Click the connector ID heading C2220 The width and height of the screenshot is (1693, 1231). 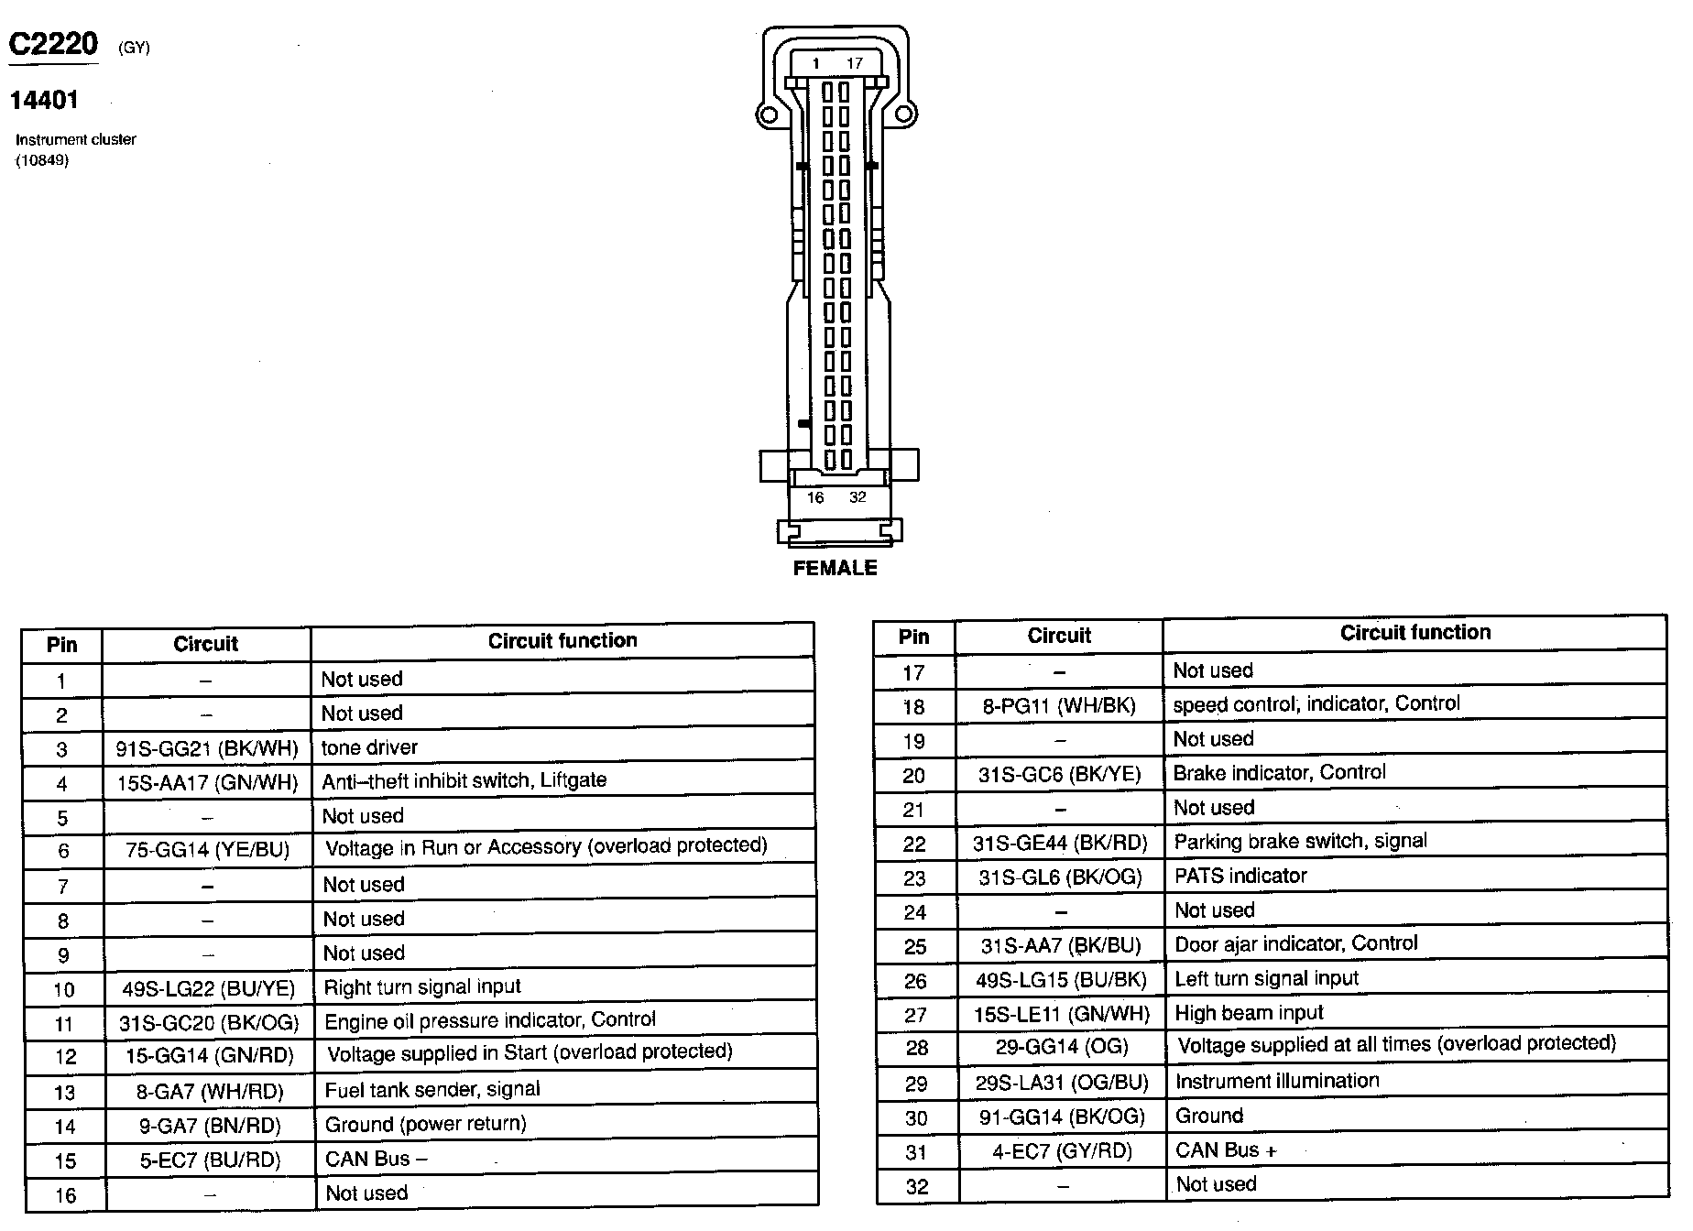point(53,44)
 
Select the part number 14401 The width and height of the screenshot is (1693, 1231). point(44,100)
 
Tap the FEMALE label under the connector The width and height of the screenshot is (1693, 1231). point(835,568)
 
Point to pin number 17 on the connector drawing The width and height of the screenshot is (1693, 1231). point(855,63)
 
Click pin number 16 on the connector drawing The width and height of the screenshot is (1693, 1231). point(815,497)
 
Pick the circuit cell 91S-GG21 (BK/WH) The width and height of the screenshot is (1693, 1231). point(207,748)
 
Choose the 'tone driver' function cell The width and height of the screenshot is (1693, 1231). point(369,747)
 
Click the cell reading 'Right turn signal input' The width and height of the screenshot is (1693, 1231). point(422,987)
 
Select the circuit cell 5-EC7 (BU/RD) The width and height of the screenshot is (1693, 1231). point(210,1160)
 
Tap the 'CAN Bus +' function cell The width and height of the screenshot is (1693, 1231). point(1226,1150)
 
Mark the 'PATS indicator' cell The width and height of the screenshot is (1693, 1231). point(1240,876)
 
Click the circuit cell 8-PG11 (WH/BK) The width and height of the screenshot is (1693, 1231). point(1059,705)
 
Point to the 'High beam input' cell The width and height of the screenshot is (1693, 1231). point(1249,1013)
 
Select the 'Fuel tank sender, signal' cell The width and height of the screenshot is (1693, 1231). point(432,1090)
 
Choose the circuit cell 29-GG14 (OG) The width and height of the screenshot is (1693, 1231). point(1062,1047)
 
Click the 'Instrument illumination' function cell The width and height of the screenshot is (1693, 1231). point(1277,1081)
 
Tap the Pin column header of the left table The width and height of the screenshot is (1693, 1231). point(62,645)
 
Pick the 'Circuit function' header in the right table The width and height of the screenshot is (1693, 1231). point(1414,633)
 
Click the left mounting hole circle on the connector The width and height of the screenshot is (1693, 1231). point(768,114)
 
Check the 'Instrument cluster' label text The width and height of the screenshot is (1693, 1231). point(76,139)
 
